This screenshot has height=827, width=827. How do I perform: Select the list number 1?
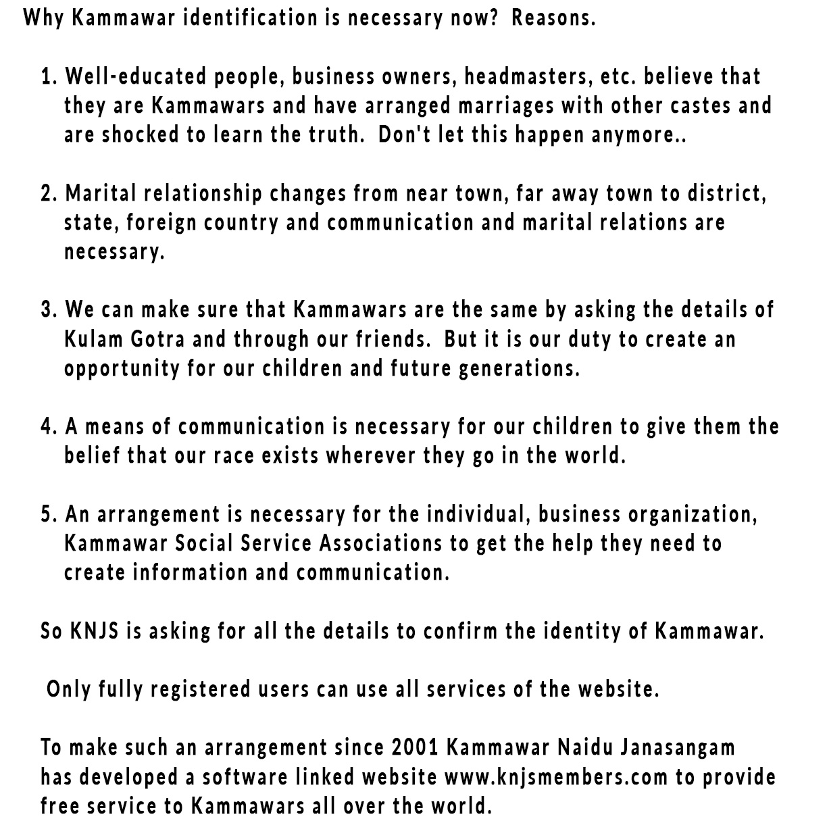(x=49, y=76)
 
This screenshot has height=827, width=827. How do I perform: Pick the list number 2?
(x=49, y=194)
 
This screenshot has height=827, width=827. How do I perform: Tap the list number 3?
(x=49, y=310)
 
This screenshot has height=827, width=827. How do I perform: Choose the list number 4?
(x=49, y=427)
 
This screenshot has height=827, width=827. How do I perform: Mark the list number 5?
(x=49, y=515)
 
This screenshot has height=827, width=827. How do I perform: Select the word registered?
(x=200, y=690)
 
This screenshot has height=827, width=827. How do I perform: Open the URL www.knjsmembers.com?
(x=556, y=778)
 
